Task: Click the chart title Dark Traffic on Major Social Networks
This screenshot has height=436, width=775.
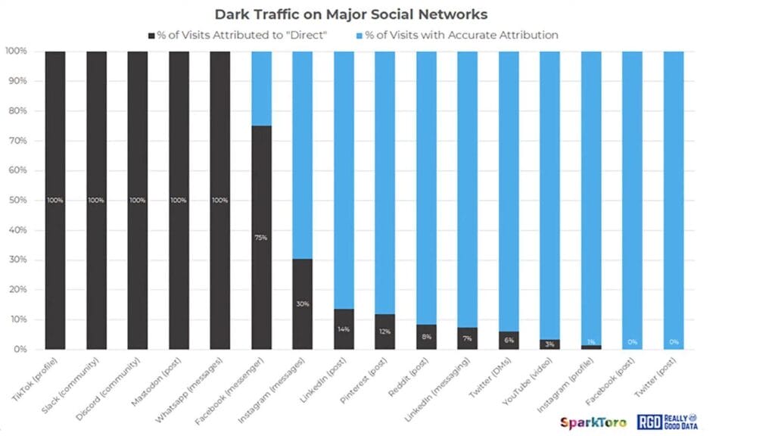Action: tap(351, 14)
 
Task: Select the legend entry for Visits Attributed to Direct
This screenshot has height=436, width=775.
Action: tap(241, 35)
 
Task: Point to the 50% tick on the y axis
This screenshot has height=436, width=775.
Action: tap(16, 201)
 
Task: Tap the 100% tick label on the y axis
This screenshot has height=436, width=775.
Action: tap(16, 51)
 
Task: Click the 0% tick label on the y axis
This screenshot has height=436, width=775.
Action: tap(19, 350)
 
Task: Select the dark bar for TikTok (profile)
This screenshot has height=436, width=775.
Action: tap(55, 201)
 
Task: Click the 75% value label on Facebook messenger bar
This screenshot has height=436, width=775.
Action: tap(261, 238)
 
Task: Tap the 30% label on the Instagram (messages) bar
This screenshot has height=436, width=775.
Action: tap(303, 304)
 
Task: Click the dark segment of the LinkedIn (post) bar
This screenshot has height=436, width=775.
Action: tap(344, 329)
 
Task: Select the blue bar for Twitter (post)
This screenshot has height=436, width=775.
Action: tap(673, 201)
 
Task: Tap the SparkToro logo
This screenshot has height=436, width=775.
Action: tap(593, 421)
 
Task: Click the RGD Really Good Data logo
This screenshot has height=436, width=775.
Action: tap(667, 421)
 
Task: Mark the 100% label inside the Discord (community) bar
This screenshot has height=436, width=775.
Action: tap(138, 201)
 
